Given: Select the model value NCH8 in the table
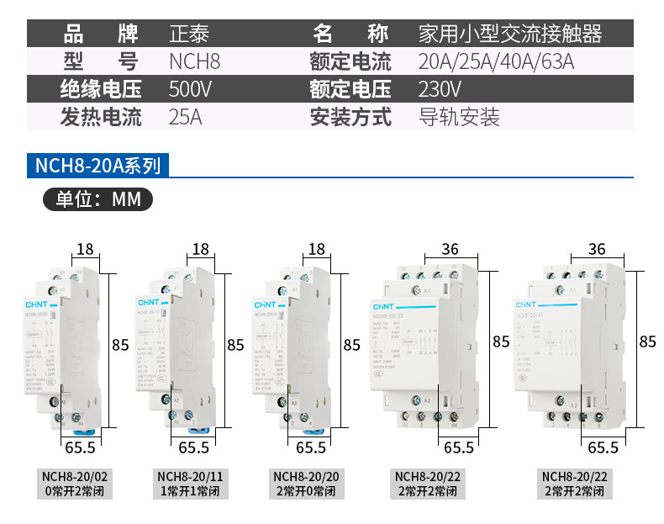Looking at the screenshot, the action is tap(194, 61).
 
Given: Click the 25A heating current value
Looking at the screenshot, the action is tap(186, 117).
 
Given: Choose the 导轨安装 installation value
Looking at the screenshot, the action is tap(459, 117).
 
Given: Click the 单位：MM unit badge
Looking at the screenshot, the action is tap(97, 199).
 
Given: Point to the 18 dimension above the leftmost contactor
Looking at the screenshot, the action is tap(85, 249).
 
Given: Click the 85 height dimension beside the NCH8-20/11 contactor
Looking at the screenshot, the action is tap(235, 345).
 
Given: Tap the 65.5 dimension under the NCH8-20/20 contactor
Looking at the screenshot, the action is tap(311, 447).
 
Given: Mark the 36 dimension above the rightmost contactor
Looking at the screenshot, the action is tap(598, 249).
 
